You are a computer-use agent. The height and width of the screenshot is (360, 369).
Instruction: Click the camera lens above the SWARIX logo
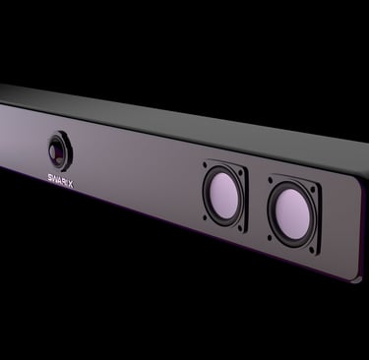click(58, 151)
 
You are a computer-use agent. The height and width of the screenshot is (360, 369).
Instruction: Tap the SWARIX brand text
click(60, 181)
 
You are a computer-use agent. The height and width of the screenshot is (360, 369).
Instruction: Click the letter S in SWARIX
click(50, 178)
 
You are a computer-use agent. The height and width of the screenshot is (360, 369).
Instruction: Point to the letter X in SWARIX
click(71, 185)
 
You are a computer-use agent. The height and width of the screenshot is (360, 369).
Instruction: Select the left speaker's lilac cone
click(224, 195)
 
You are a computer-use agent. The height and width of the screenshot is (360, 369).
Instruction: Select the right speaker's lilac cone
click(292, 213)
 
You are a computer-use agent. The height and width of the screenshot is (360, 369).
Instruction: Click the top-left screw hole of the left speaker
click(205, 163)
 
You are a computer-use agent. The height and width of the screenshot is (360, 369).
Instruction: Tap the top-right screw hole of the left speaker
click(241, 172)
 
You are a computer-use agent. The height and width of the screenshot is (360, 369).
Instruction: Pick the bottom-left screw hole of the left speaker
click(206, 217)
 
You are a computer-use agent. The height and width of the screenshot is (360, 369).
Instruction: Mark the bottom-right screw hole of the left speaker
click(241, 229)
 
